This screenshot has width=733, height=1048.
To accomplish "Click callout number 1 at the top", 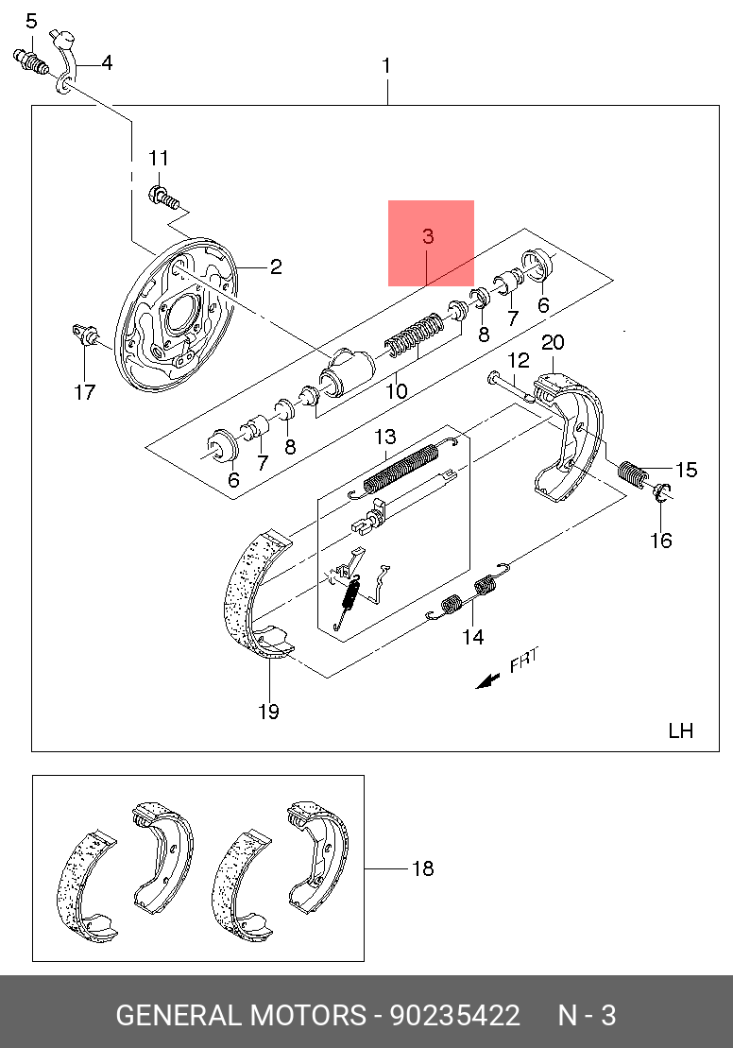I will [x=386, y=66].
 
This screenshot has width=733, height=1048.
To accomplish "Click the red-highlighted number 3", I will [x=429, y=236].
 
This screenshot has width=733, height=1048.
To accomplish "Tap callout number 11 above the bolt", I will [x=158, y=158].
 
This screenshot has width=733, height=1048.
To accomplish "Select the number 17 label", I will [x=85, y=391].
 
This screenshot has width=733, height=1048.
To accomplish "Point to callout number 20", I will [x=554, y=342].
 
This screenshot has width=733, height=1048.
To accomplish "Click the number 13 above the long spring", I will [x=384, y=437].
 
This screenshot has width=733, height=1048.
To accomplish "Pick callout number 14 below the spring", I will [x=472, y=638].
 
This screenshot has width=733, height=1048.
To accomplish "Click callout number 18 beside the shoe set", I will [x=422, y=868].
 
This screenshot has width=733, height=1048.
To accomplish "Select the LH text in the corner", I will [x=680, y=730].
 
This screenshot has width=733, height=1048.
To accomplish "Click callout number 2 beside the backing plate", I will [x=275, y=267].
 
